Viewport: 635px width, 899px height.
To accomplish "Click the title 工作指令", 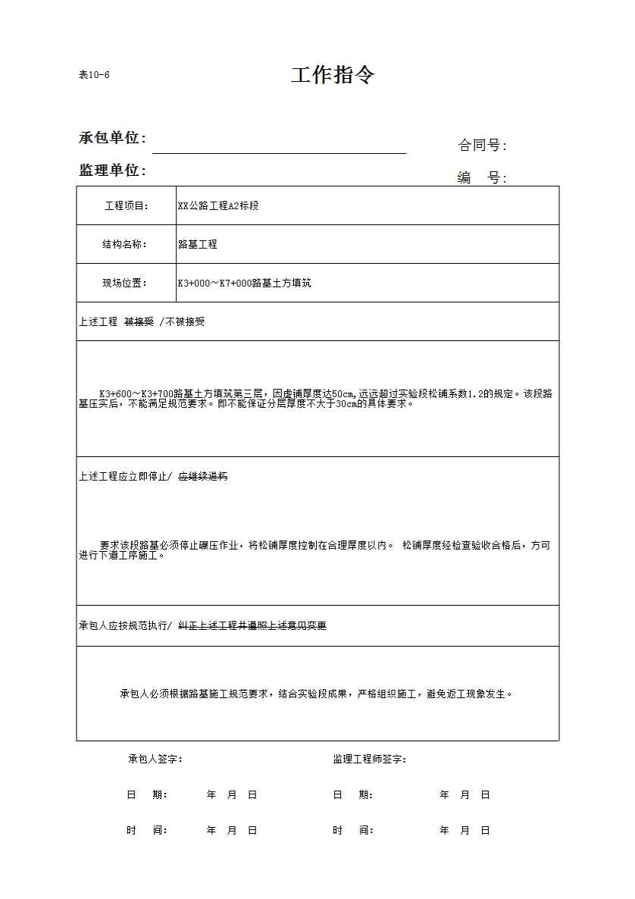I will (333, 75).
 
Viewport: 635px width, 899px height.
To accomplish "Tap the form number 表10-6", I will (95, 74).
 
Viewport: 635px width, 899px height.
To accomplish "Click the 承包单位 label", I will (112, 138).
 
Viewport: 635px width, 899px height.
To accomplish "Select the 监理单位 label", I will (112, 171).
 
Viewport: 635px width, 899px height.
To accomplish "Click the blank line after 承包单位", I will (279, 149).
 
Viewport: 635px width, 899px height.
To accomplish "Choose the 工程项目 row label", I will (126, 206).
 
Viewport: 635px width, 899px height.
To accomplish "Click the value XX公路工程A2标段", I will (218, 206).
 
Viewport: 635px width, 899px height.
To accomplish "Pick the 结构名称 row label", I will (126, 245).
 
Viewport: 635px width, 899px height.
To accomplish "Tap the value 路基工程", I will (197, 245).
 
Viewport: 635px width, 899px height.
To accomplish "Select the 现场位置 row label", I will (126, 283).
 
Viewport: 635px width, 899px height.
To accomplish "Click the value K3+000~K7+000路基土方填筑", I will (244, 283).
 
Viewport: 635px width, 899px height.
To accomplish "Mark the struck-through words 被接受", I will (139, 322).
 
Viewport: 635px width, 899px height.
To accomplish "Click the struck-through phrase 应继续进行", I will (203, 477).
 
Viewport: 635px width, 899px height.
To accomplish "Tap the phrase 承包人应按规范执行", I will (124, 626).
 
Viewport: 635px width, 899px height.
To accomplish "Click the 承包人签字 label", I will (155, 760).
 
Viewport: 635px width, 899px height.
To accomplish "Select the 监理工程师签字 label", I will (370, 760).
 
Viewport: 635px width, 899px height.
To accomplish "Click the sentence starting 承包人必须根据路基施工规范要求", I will (317, 694).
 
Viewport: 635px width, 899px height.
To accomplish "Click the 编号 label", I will (482, 178).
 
